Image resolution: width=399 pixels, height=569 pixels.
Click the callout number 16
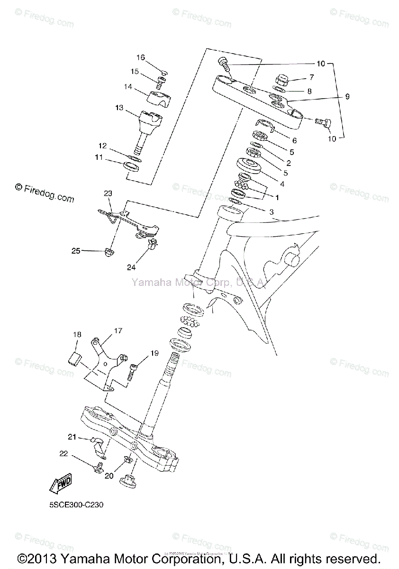coord(141,57)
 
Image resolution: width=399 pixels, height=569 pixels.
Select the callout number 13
coord(119,108)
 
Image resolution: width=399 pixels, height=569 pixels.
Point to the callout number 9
coord(347,97)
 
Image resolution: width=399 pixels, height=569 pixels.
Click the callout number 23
coord(108,193)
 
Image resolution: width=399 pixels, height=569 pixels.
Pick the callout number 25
coord(76,250)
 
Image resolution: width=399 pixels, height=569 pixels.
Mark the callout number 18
coord(77,334)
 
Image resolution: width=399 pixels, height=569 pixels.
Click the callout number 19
coord(141,353)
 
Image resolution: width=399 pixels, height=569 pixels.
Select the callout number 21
coord(72,437)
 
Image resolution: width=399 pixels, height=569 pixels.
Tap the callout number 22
coord(64,454)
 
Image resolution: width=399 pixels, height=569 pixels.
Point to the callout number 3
coord(272,212)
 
